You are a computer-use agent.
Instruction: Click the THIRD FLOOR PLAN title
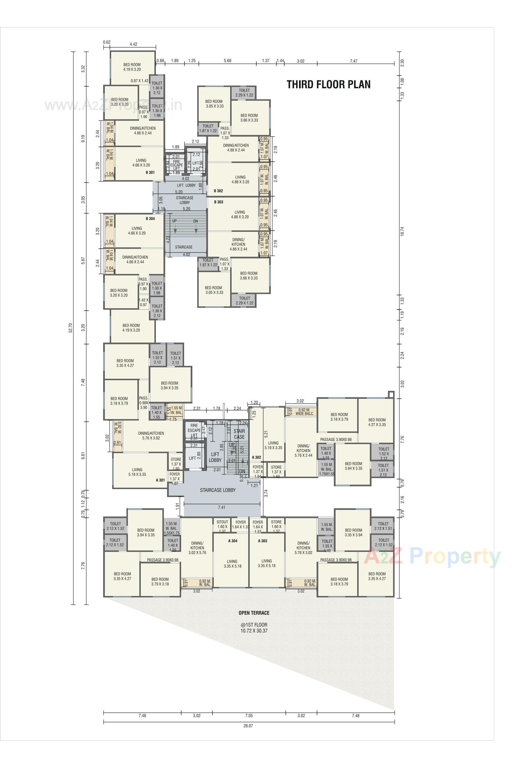[328, 84]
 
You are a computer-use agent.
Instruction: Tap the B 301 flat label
[150, 173]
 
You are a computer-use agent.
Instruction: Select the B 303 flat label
[218, 202]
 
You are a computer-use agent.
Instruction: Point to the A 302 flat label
[257, 457]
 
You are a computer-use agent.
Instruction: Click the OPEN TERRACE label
[254, 613]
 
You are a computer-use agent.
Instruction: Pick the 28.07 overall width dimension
[249, 735]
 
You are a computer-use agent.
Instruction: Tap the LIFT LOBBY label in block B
[186, 185]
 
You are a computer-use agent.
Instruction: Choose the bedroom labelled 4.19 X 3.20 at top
[132, 67]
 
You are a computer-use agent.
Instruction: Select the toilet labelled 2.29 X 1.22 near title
[244, 92]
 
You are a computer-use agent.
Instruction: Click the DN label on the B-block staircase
[195, 221]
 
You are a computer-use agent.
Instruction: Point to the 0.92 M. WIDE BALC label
[304, 412]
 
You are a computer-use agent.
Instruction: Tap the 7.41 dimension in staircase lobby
[221, 507]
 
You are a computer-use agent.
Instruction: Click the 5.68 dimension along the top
[227, 60]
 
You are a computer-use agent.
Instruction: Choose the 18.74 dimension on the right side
[402, 231]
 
